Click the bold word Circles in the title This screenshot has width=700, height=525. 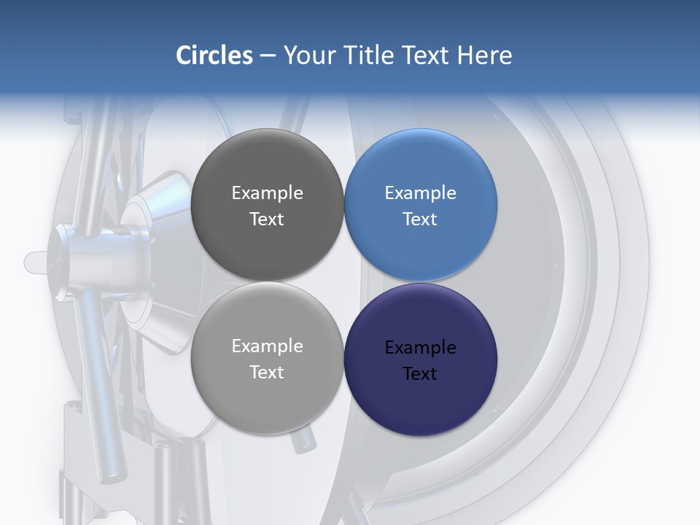(x=214, y=55)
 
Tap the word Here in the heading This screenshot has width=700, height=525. (x=484, y=55)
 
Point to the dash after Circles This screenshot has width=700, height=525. (x=268, y=56)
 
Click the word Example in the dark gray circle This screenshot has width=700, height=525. (x=267, y=192)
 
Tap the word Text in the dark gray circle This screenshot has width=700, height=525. (x=267, y=219)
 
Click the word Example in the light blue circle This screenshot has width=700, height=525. (x=420, y=192)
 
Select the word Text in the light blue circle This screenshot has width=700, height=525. (x=420, y=219)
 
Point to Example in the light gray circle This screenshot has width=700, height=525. (x=267, y=346)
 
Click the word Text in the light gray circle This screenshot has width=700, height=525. (x=267, y=372)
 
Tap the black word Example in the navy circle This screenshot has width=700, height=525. (x=420, y=347)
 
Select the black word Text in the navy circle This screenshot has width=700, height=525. (x=420, y=373)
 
